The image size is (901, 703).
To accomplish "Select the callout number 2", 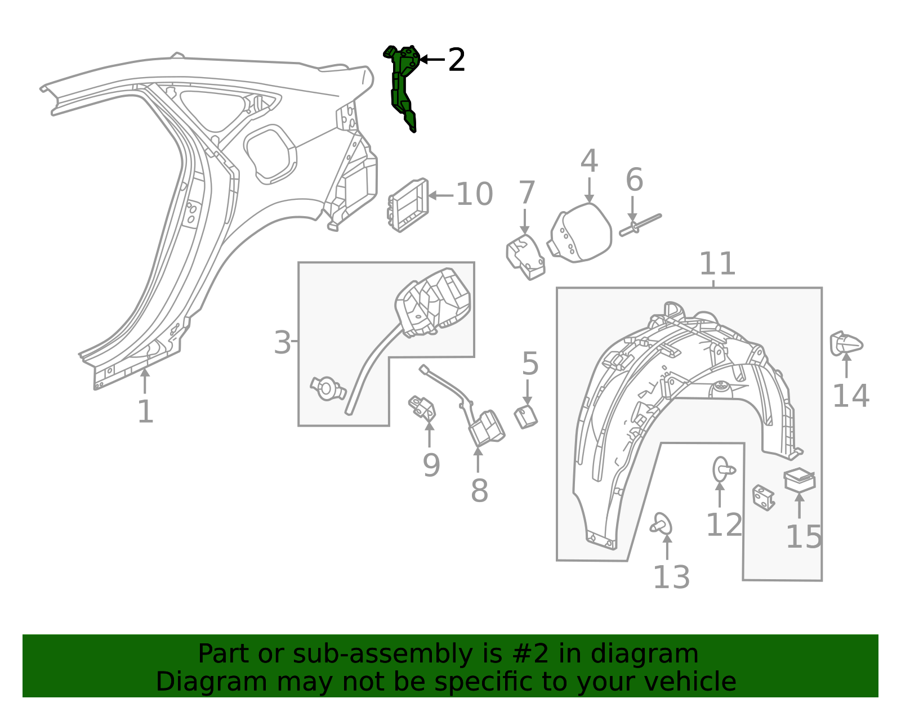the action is coord(457,60).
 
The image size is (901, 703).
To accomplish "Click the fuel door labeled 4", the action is coord(581,233).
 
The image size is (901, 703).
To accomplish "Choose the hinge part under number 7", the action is coord(525,257).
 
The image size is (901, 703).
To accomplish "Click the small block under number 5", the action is coord(526,417).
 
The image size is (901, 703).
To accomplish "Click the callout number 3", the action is coord(282,343).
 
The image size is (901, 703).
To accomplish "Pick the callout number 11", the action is coord(717,263).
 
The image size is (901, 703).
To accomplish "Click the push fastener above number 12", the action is coord(723,469).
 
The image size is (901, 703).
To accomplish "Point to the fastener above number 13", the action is coord(662,525).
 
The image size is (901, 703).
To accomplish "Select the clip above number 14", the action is coord(846,343).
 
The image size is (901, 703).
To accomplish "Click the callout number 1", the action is coord(145,411).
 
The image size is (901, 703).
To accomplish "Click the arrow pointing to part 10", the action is coord(441,195).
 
